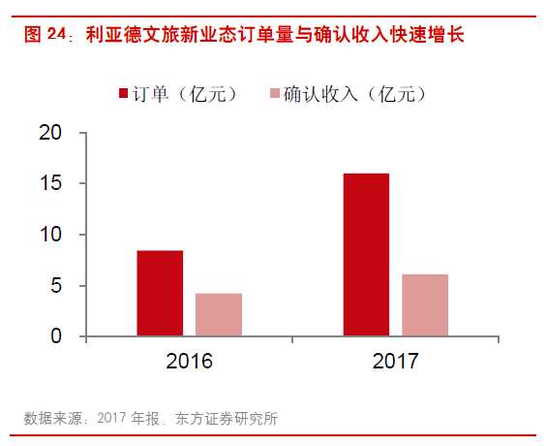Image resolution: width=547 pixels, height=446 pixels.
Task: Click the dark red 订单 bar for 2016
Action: pyautogui.click(x=160, y=294)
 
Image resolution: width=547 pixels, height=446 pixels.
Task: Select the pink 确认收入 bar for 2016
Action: pyautogui.click(x=219, y=315)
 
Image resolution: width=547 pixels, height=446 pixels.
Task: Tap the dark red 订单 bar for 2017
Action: pyautogui.click(x=366, y=255)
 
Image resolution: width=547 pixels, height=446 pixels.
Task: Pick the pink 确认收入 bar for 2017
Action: pyautogui.click(x=425, y=305)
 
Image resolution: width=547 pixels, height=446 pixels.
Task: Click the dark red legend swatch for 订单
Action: pyautogui.click(x=124, y=94)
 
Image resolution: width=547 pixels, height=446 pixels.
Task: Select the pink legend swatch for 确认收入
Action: pyautogui.click(x=275, y=94)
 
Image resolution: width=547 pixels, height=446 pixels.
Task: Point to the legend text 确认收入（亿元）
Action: pyautogui.click(x=355, y=94)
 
